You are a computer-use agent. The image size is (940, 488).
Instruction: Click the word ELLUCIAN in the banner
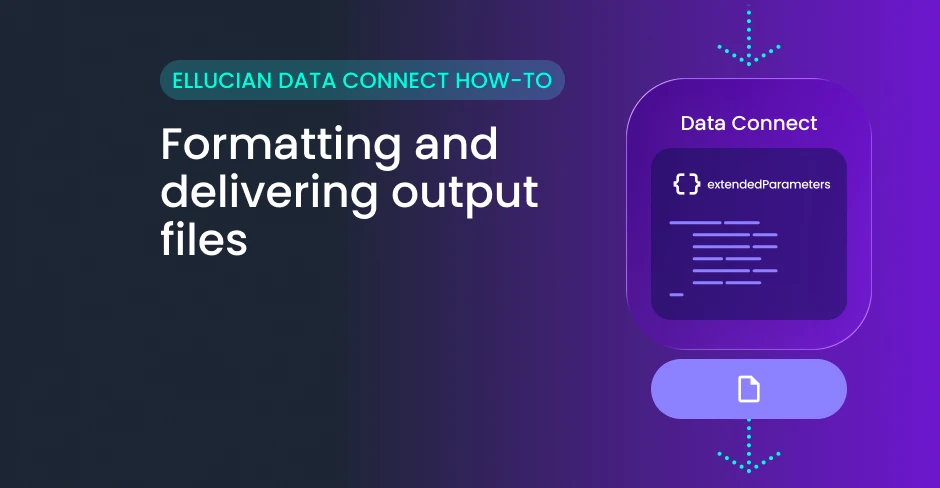point(222,80)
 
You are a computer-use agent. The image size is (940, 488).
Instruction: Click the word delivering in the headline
point(269,193)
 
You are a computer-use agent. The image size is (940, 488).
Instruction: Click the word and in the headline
point(456,144)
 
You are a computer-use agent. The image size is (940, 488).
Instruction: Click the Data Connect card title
point(749,123)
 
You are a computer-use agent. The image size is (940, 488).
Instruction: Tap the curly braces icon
point(686,184)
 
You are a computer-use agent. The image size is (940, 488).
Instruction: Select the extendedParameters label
point(769,185)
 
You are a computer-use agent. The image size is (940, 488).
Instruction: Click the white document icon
point(748,389)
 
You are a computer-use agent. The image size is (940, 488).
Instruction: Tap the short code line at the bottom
point(676,294)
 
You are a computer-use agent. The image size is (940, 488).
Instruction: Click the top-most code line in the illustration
point(715,222)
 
